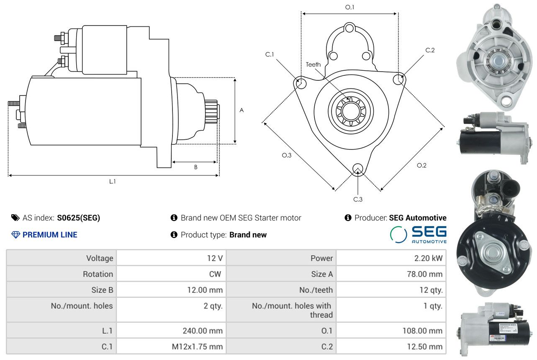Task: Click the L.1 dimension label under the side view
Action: (x=112, y=181)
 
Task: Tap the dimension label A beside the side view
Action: (x=242, y=110)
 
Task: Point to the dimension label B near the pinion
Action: (x=195, y=167)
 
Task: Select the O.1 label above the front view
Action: (x=349, y=7)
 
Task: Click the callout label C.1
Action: (x=270, y=54)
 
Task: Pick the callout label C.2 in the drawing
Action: (x=430, y=50)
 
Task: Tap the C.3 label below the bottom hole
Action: (x=357, y=199)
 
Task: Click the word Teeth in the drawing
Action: (x=313, y=64)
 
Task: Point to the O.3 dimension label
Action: (x=287, y=155)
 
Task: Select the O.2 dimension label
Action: (x=421, y=165)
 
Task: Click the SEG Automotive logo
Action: (x=418, y=234)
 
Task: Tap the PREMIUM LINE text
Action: (x=50, y=235)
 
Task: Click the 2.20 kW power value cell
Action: (x=391, y=258)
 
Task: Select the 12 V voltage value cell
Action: (x=171, y=258)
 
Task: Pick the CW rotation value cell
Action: (x=171, y=274)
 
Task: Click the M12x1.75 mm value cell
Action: (x=171, y=347)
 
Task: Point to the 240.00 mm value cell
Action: (x=171, y=331)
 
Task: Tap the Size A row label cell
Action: (x=281, y=274)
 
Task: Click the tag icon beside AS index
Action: (x=15, y=218)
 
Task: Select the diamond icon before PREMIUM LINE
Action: (x=15, y=235)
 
